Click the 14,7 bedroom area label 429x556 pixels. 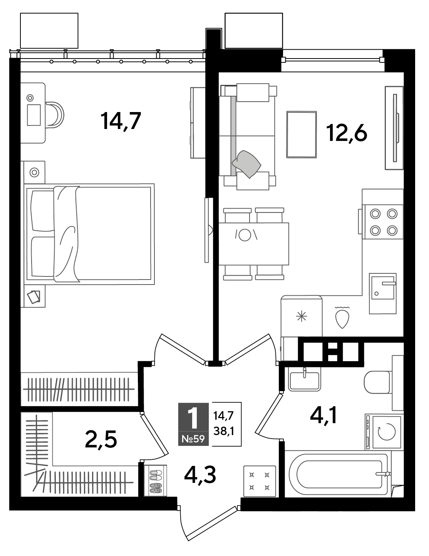[x=121, y=121]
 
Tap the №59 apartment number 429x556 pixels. [x=193, y=439]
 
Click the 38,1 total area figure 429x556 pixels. [x=224, y=432]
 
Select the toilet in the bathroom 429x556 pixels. [x=377, y=382]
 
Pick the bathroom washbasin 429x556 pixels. [x=304, y=379]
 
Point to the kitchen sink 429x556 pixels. [x=382, y=293]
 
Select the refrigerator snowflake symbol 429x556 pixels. [x=302, y=317]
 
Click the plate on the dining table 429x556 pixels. [x=245, y=234]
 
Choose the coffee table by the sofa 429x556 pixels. [x=302, y=134]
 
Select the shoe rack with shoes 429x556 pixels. [x=156, y=480]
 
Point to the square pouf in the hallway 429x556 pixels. [x=260, y=481]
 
